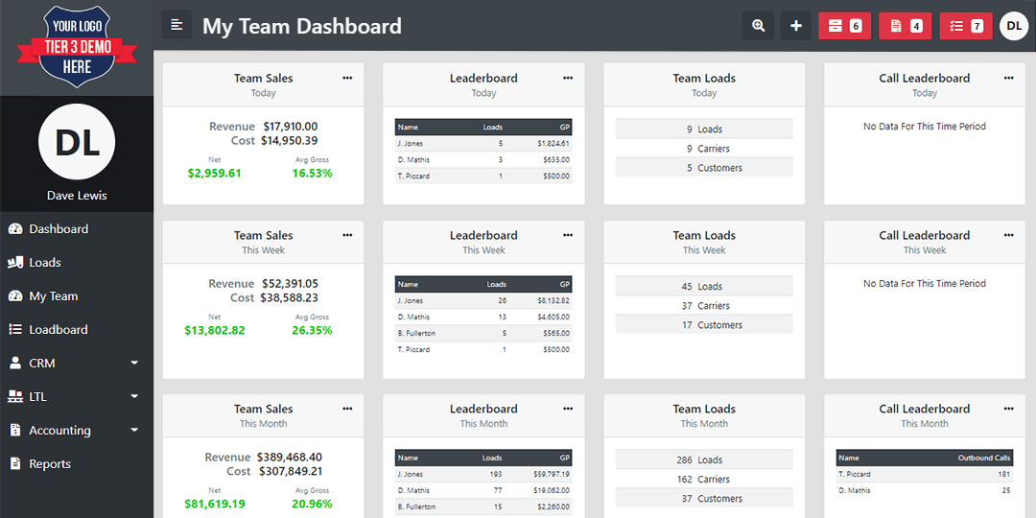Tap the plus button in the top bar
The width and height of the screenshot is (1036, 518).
point(796,26)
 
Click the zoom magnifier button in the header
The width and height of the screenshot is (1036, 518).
point(759,26)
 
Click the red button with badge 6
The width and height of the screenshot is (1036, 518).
point(844,26)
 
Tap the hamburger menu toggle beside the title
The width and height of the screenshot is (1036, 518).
point(177,25)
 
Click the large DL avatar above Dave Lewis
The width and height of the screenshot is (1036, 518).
point(78,141)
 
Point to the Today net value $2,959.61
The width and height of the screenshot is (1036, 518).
point(214,173)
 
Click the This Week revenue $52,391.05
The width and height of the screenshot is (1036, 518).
point(290,283)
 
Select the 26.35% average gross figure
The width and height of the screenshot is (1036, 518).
point(312,330)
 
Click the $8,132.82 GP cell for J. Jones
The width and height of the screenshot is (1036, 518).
point(553,300)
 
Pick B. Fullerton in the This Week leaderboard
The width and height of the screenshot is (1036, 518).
point(416,333)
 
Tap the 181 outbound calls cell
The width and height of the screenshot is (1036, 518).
point(1003,475)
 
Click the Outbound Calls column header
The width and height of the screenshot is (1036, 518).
point(984,458)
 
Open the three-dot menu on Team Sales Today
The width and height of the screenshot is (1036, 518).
point(347,78)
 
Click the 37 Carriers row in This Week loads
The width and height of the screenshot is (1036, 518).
point(704,306)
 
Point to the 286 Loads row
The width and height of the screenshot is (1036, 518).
point(704,459)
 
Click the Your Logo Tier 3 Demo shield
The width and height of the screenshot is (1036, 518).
point(77,48)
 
